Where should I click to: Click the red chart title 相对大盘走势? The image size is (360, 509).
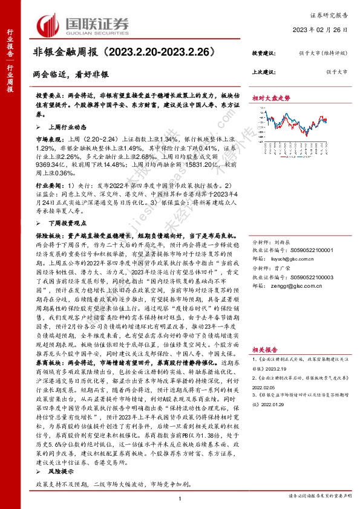point(270,97)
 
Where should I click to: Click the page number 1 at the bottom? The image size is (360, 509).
point(180,497)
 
